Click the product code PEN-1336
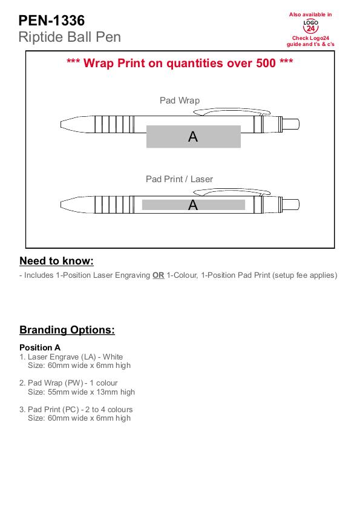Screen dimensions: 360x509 pos(51,21)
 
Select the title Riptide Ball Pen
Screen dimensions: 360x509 pos(70,37)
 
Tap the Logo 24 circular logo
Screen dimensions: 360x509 pos(310,26)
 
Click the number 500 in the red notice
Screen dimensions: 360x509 pos(266,63)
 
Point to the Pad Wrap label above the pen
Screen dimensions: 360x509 pos(180,100)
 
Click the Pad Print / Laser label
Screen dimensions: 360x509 pos(179,179)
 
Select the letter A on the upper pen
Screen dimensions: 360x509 pos(193,137)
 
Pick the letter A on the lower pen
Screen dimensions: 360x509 pos(193,205)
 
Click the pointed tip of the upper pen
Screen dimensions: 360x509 pos(61,124)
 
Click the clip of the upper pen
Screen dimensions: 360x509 pos(232,112)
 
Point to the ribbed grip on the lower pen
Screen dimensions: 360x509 pos(114,205)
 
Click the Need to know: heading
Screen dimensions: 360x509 pos(56,261)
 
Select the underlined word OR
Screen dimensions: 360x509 pos(159,275)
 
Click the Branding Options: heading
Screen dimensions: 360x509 pos(67,330)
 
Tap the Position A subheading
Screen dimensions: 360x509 pos(40,347)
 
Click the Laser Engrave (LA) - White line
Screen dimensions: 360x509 pos(71,356)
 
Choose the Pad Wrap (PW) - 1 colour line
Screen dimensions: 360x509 pos(68,383)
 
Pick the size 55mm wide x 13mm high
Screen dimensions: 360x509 pos(81,392)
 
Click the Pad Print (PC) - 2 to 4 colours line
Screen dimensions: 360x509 pos(76,410)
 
